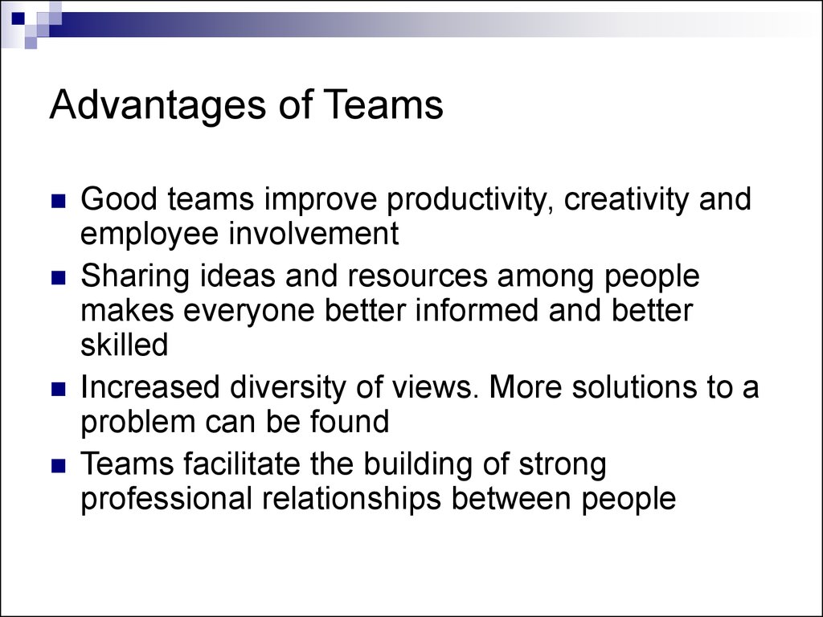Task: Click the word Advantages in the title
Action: coord(158,106)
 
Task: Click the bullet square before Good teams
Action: coord(59,202)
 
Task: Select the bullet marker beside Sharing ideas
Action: coord(59,278)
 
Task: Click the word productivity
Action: coord(470,201)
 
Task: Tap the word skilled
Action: coord(125,344)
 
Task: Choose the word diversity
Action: coord(288,389)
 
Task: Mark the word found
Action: coord(350,421)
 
